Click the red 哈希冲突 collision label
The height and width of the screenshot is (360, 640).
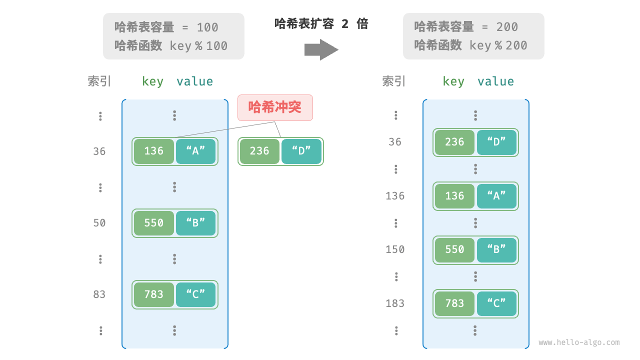(x=275, y=107)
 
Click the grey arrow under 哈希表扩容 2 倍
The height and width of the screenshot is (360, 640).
(x=321, y=49)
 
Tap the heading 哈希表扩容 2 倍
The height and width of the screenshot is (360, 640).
(x=321, y=23)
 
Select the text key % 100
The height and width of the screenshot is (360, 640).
(x=198, y=46)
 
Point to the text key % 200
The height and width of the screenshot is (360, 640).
(x=498, y=45)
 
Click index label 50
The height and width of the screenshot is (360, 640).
(x=99, y=223)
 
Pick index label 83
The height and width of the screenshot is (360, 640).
(x=99, y=294)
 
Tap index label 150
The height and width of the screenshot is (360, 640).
(x=395, y=249)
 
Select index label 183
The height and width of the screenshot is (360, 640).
(x=395, y=303)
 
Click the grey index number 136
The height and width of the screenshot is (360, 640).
(x=395, y=196)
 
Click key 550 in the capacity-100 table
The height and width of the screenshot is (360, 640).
(x=154, y=223)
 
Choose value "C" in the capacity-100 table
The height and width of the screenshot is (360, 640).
(x=195, y=294)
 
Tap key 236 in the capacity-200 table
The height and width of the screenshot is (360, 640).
(x=454, y=142)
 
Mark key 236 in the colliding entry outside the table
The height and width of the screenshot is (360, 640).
(x=259, y=151)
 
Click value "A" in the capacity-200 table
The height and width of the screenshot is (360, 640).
(x=496, y=196)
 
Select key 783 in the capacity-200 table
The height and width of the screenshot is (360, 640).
(x=454, y=303)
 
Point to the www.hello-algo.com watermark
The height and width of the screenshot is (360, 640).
(x=579, y=342)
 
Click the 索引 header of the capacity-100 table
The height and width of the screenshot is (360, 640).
(x=99, y=81)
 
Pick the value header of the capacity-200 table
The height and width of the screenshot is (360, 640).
(x=495, y=81)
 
